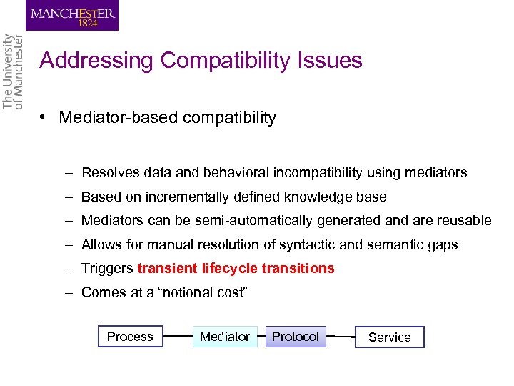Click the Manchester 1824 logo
(72, 15)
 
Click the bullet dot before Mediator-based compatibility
(44, 118)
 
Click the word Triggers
(107, 269)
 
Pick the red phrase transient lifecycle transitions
(236, 269)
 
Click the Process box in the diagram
(130, 336)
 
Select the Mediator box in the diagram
(225, 336)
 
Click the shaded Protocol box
(296, 336)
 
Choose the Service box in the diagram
(389, 337)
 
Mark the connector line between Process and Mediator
(178, 336)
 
